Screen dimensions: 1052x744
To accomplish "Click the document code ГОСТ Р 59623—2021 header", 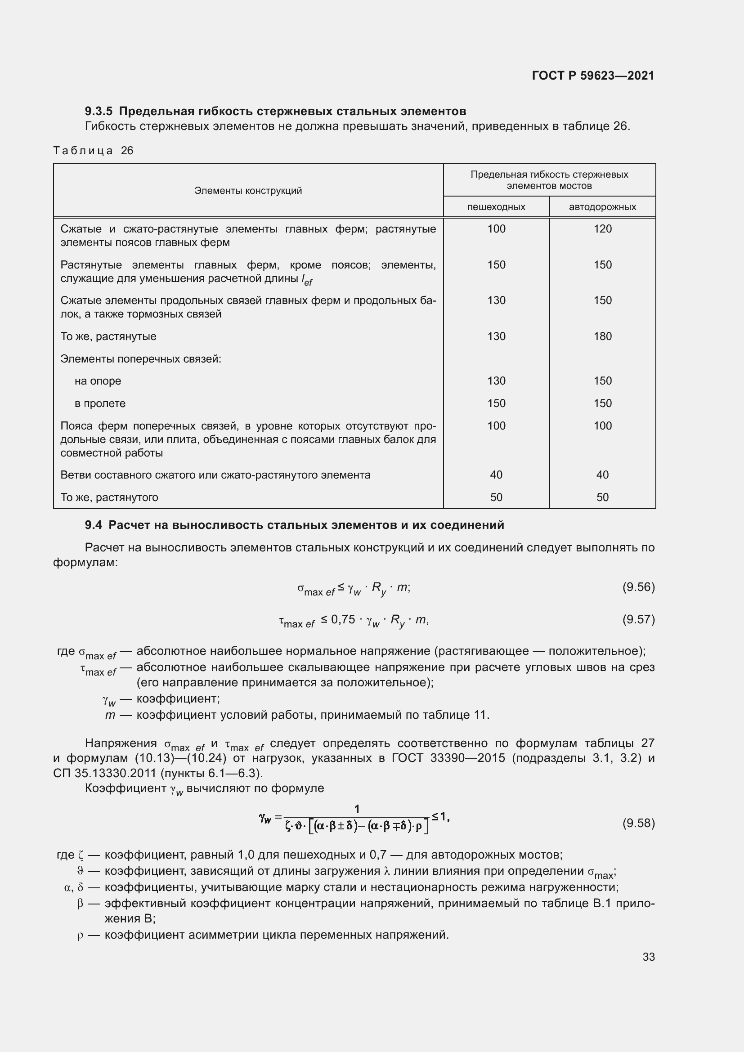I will (x=593, y=76).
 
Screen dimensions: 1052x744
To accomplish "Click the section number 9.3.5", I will (x=99, y=112).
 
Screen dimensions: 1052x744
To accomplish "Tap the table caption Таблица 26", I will (x=93, y=151).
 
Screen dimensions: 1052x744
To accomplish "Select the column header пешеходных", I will (x=496, y=206).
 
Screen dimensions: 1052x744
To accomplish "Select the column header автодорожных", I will (x=602, y=206).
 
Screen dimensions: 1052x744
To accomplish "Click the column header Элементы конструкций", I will (x=248, y=191).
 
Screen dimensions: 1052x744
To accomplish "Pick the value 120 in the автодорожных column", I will (x=602, y=228).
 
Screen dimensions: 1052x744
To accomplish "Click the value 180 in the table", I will (x=602, y=336).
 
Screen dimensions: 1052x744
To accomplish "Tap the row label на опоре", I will (x=98, y=381).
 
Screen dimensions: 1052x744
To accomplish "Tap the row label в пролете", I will (x=100, y=403).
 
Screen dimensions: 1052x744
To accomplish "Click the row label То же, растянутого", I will (x=109, y=497).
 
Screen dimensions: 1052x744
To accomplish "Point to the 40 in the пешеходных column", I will (x=496, y=475).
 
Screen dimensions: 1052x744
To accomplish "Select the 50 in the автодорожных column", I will (x=602, y=497).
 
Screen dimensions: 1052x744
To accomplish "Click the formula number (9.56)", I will (x=638, y=587).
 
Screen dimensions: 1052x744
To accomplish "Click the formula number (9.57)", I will (x=638, y=619).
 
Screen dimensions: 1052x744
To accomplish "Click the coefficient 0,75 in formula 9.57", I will (x=343, y=619).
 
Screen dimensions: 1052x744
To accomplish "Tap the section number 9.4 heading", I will (x=93, y=525).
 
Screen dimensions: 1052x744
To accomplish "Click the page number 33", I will (x=648, y=957).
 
